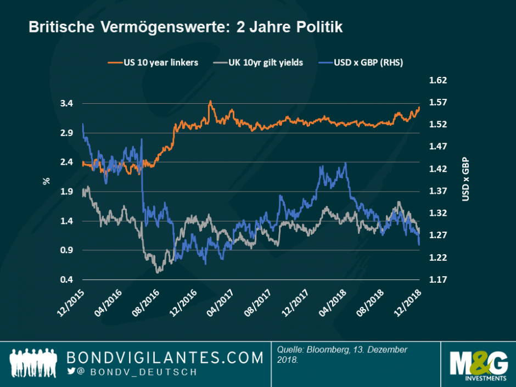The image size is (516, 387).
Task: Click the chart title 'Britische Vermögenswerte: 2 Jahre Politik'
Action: (186, 27)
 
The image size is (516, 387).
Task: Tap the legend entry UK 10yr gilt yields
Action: (261, 63)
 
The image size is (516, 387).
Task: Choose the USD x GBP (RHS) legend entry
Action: (361, 63)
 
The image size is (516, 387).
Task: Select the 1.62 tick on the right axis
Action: (438, 81)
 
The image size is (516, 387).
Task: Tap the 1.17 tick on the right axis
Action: (438, 280)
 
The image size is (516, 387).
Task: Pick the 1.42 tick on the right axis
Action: (438, 169)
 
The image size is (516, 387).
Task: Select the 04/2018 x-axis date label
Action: (333, 302)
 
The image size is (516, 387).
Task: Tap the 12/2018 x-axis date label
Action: (408, 302)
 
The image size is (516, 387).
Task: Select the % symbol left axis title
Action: (46, 181)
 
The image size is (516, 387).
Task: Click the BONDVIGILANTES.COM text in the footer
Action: (165, 358)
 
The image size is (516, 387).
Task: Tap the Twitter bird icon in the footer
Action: (71, 372)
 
